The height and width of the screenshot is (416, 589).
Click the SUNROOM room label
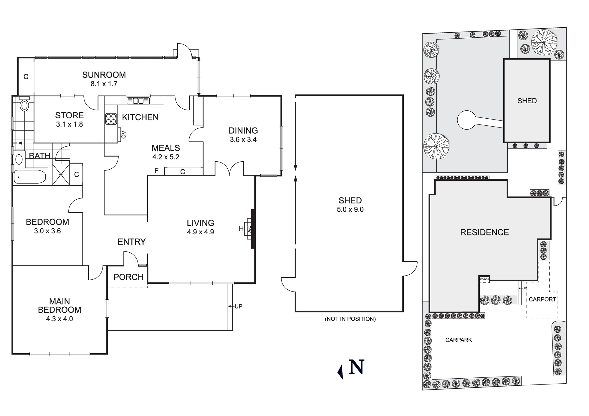(x=104, y=75)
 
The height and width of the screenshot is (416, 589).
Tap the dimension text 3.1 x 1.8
(x=70, y=125)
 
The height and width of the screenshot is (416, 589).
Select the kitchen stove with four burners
(x=111, y=119)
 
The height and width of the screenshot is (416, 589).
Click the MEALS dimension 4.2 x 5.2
(x=166, y=157)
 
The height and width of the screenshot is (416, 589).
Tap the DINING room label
(x=243, y=130)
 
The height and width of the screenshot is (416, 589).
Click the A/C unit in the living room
(x=249, y=229)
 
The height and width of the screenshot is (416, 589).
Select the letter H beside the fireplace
(x=241, y=228)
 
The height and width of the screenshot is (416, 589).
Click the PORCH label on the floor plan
(x=128, y=277)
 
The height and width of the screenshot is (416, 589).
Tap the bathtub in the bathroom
(x=30, y=177)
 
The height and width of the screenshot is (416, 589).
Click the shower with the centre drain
(x=61, y=175)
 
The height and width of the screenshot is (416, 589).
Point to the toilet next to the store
(x=24, y=105)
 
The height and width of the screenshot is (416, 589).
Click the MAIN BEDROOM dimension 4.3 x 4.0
(x=59, y=319)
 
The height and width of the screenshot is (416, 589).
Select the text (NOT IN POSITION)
(x=350, y=319)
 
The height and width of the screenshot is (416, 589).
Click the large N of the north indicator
(x=356, y=367)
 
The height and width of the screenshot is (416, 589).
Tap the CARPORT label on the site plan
(x=542, y=299)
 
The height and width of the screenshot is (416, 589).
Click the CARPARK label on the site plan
(x=459, y=340)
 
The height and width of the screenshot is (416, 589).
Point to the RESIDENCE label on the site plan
(x=484, y=233)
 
